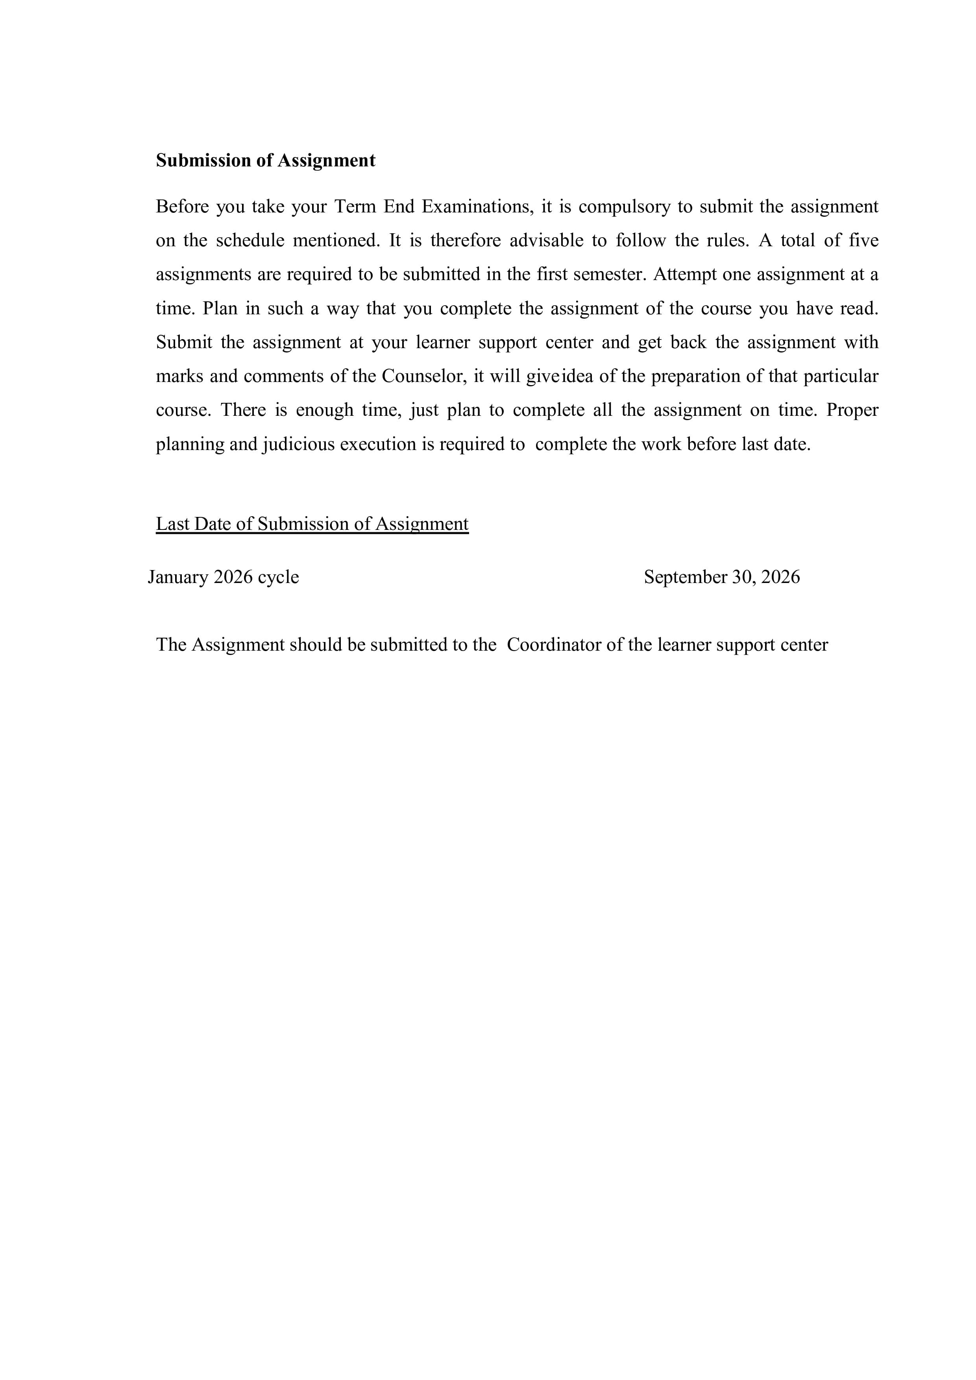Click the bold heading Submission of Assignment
[265, 161]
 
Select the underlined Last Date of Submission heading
[312, 524]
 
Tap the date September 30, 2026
[722, 577]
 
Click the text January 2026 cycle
[223, 577]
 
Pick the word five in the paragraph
[863, 240]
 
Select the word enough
[324, 411]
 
